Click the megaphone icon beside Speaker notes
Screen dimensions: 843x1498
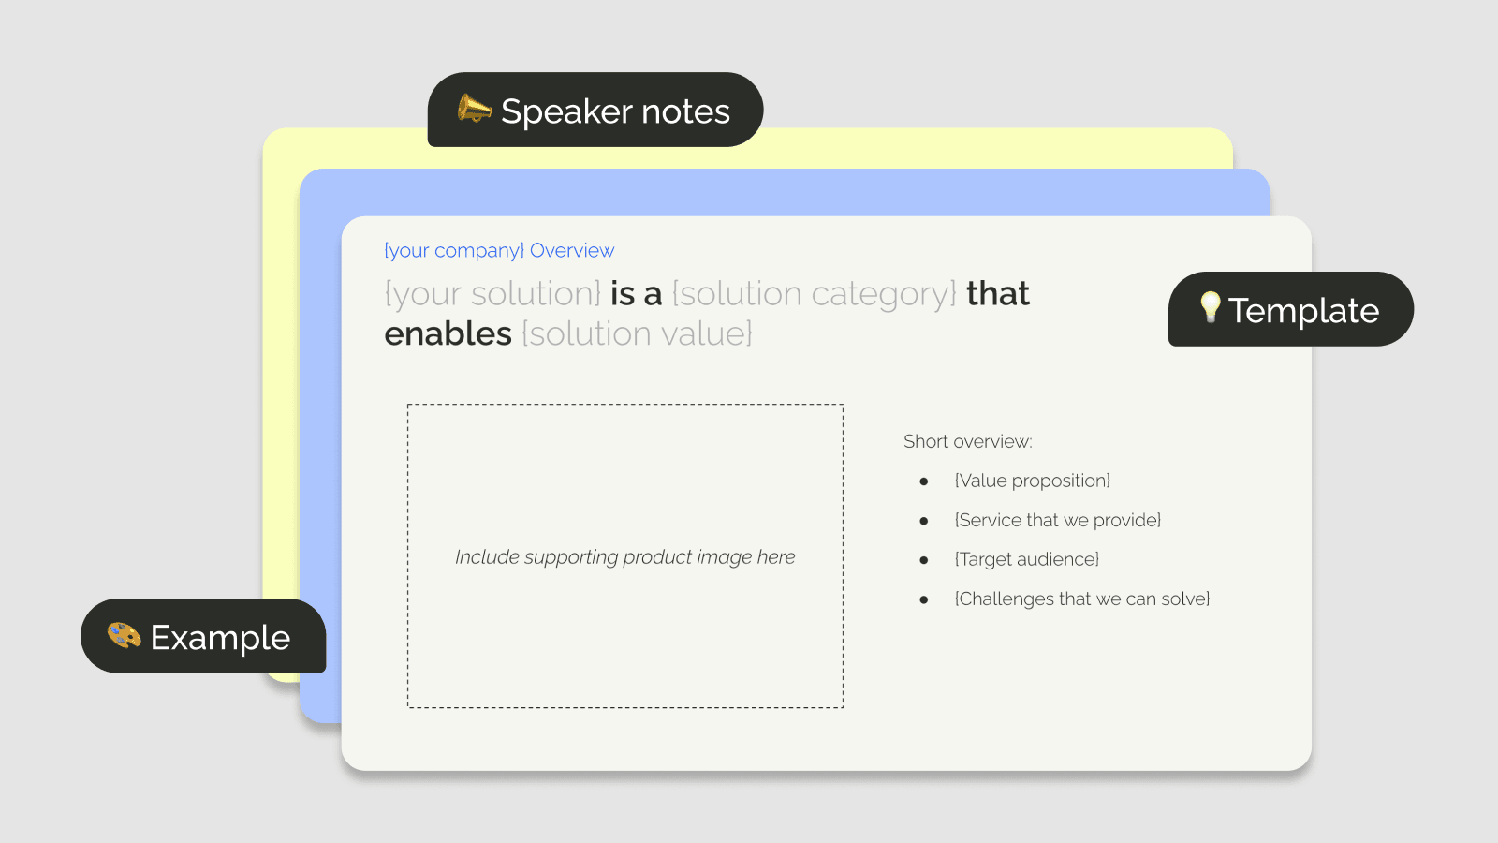[474, 110]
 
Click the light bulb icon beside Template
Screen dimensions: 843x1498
[1210, 306]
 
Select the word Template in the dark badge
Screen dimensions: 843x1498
[1303, 311]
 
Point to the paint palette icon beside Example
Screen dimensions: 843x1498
[124, 636]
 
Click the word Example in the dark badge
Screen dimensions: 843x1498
[220, 638]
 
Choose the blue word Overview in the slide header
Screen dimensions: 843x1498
[572, 250]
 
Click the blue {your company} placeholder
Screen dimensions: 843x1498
[454, 250]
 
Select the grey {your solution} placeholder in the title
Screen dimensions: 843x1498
[492, 294]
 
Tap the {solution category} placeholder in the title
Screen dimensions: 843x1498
[815, 294]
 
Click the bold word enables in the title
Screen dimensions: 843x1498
[448, 333]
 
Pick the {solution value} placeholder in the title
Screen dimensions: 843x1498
[637, 333]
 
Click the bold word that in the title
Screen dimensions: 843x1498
[997, 294]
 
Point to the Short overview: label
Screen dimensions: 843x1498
[967, 441]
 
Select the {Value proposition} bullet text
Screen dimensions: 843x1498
[1032, 481]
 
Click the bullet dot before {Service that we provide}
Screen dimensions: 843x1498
[924, 521]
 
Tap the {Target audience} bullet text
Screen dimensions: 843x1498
[1026, 559]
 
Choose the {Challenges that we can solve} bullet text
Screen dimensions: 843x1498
[1081, 599]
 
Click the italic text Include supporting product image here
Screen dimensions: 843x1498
[624, 557]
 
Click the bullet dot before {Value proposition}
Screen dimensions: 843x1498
[924, 481]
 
